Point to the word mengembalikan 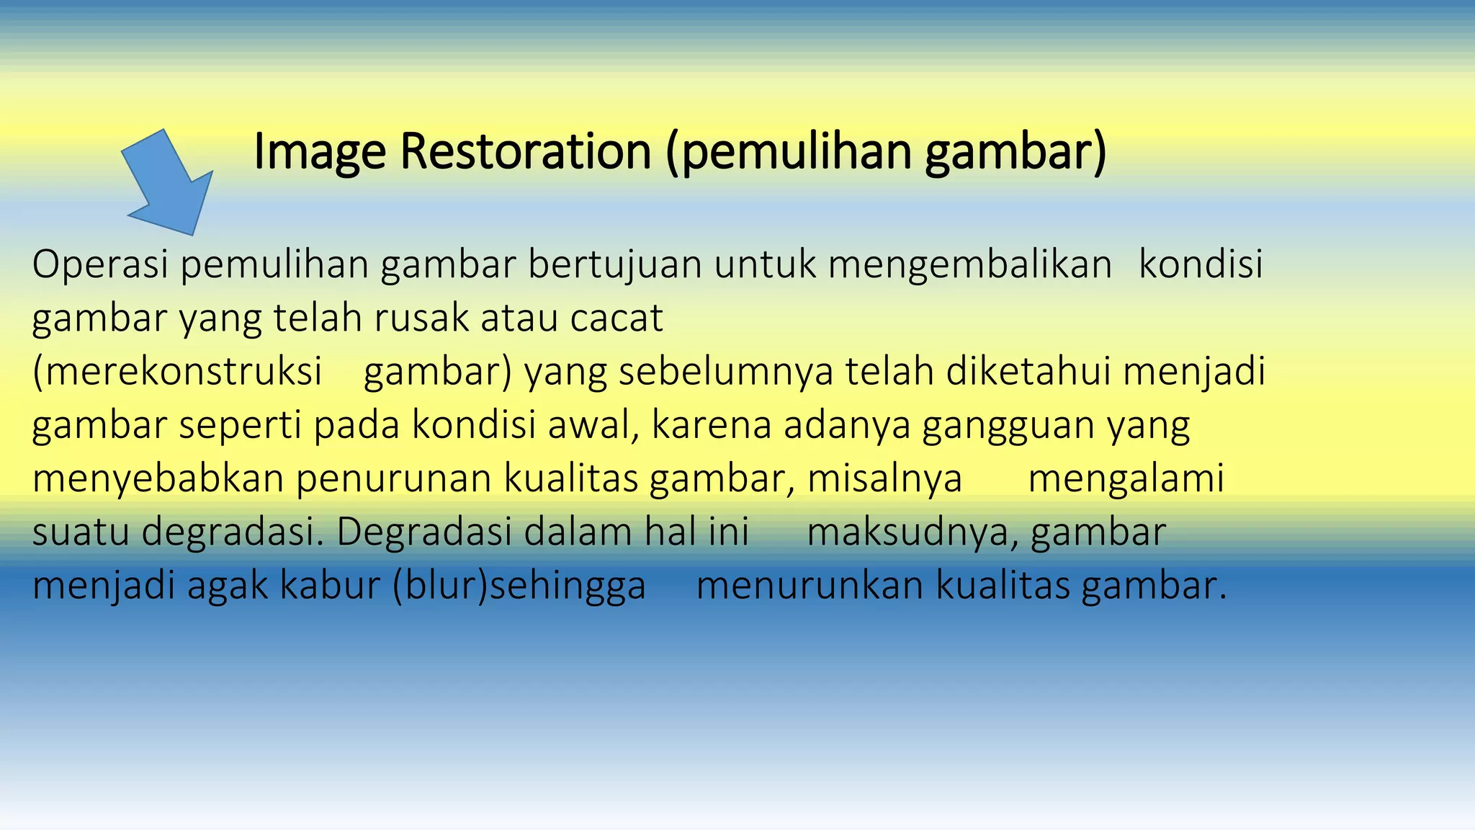click(x=969, y=264)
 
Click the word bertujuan click(x=614, y=264)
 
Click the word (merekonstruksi click(x=177, y=372)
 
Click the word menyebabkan click(x=158, y=478)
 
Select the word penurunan click(x=393, y=478)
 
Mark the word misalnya click(x=884, y=478)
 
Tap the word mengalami click(x=1126, y=478)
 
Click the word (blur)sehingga click(x=519, y=585)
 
